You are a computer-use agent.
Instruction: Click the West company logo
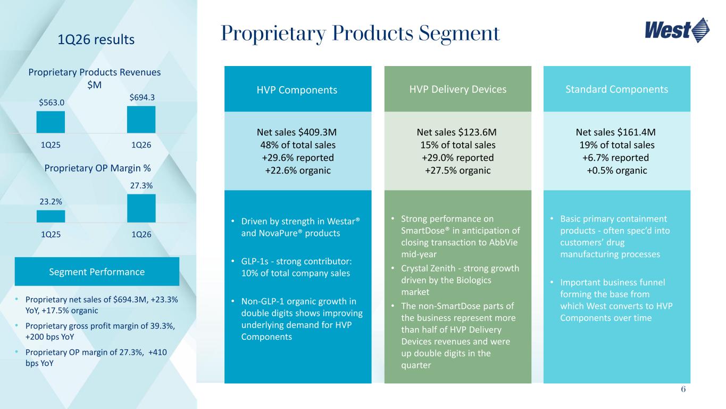click(677, 30)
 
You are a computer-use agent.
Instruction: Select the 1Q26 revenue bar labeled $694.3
click(141, 119)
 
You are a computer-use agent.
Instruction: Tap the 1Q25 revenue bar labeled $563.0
click(51, 122)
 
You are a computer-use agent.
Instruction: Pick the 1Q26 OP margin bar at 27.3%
click(141, 208)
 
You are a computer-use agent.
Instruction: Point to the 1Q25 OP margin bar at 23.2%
click(51, 217)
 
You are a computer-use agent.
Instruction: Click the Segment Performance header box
click(97, 272)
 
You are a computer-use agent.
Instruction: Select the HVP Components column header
click(298, 89)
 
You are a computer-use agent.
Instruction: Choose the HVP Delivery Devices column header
click(457, 89)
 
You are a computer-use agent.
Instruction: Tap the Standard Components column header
click(617, 89)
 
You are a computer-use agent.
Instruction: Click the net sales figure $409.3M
click(318, 132)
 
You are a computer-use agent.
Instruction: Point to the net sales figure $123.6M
click(477, 132)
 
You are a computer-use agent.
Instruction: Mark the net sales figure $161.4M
click(636, 132)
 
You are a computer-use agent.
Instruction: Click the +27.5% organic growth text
click(457, 170)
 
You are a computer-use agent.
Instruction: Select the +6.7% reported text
click(615, 158)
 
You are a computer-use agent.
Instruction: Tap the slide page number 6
click(683, 389)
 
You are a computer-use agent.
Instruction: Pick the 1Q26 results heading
click(96, 39)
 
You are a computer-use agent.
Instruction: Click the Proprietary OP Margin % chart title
click(97, 168)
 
